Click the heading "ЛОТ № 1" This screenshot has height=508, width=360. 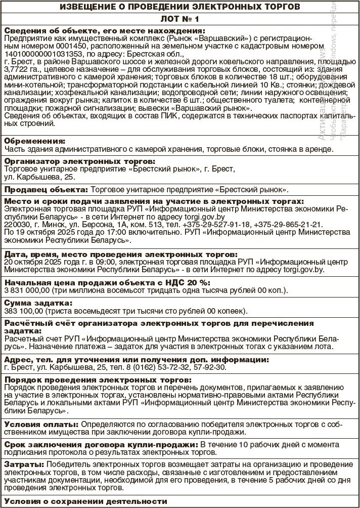179,19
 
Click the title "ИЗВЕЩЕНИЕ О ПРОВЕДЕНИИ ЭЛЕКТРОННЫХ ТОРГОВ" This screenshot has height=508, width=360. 179,7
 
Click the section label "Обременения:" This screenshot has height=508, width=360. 34,141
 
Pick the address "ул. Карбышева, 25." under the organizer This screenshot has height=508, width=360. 39,178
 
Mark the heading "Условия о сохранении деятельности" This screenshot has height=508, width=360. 85,501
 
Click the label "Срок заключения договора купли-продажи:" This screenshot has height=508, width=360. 101,444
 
